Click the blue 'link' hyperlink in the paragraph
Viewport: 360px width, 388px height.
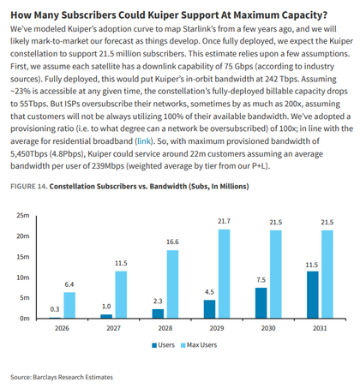pyautogui.click(x=144, y=141)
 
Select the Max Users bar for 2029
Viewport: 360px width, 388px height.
pyautogui.click(x=225, y=274)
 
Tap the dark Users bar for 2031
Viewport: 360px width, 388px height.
pyautogui.click(x=313, y=295)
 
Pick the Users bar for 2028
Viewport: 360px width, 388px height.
pyautogui.click(x=158, y=313)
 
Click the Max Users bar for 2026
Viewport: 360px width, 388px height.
pyautogui.click(x=69, y=305)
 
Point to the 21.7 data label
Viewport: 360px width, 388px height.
pyautogui.click(x=224, y=221)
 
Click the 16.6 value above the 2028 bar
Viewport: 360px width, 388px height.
pyautogui.click(x=172, y=242)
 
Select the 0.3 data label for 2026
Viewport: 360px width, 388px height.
pyautogui.click(x=55, y=309)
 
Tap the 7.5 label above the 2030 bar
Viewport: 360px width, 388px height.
pyautogui.click(x=261, y=280)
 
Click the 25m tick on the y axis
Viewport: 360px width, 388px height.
pyautogui.click(x=23, y=215)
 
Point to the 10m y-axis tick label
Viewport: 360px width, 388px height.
pyautogui.click(x=23, y=278)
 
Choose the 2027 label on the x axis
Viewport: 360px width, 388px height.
pyautogui.click(x=113, y=328)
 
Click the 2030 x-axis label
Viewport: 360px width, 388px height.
pyautogui.click(x=268, y=328)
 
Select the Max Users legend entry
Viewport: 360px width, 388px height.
pyautogui.click(x=199, y=345)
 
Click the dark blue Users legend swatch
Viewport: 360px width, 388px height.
pyautogui.click(x=154, y=345)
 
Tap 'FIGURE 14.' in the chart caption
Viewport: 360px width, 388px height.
pyautogui.click(x=29, y=187)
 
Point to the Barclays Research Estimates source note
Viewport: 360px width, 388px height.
pyautogui.click(x=62, y=377)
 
